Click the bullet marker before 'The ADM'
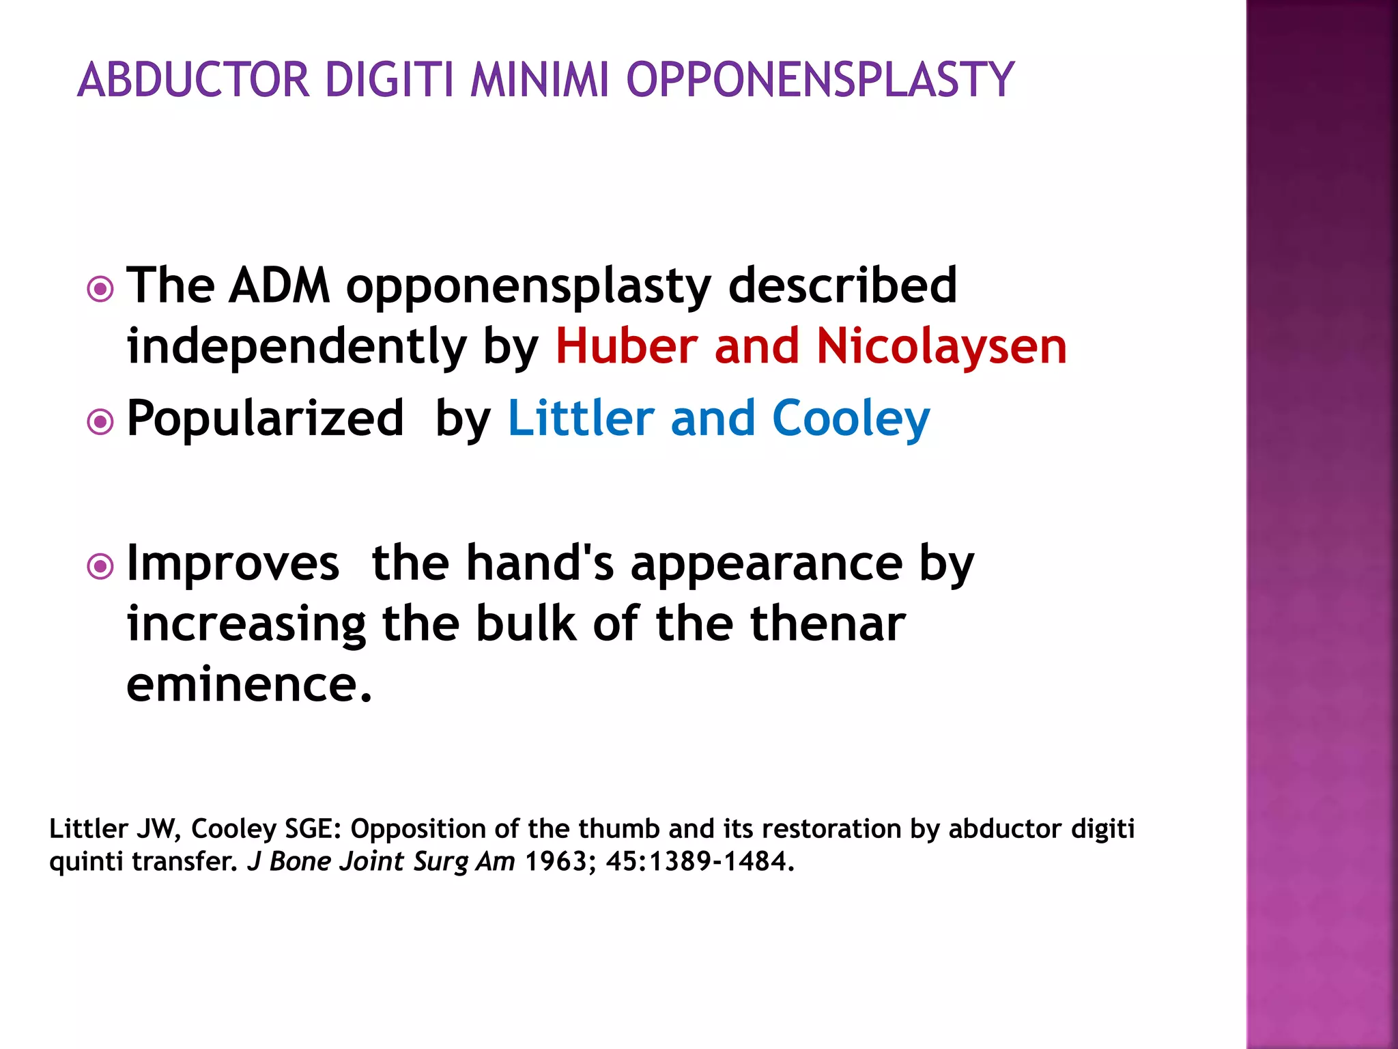coord(100,289)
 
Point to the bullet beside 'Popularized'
coord(100,421)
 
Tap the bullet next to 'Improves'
coord(100,566)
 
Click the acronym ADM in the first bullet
coord(279,285)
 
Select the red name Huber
coord(627,346)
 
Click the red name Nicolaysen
coord(941,347)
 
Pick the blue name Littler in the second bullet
coord(581,418)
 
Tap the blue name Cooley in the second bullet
coord(851,418)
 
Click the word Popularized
coord(266,418)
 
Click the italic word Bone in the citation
coord(300,861)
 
